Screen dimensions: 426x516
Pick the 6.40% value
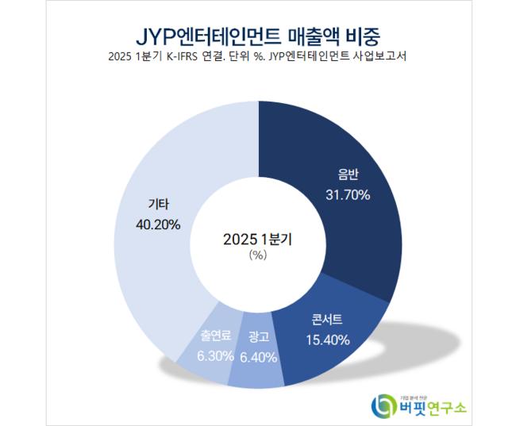[x=257, y=357]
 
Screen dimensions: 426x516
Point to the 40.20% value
[x=158, y=225]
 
